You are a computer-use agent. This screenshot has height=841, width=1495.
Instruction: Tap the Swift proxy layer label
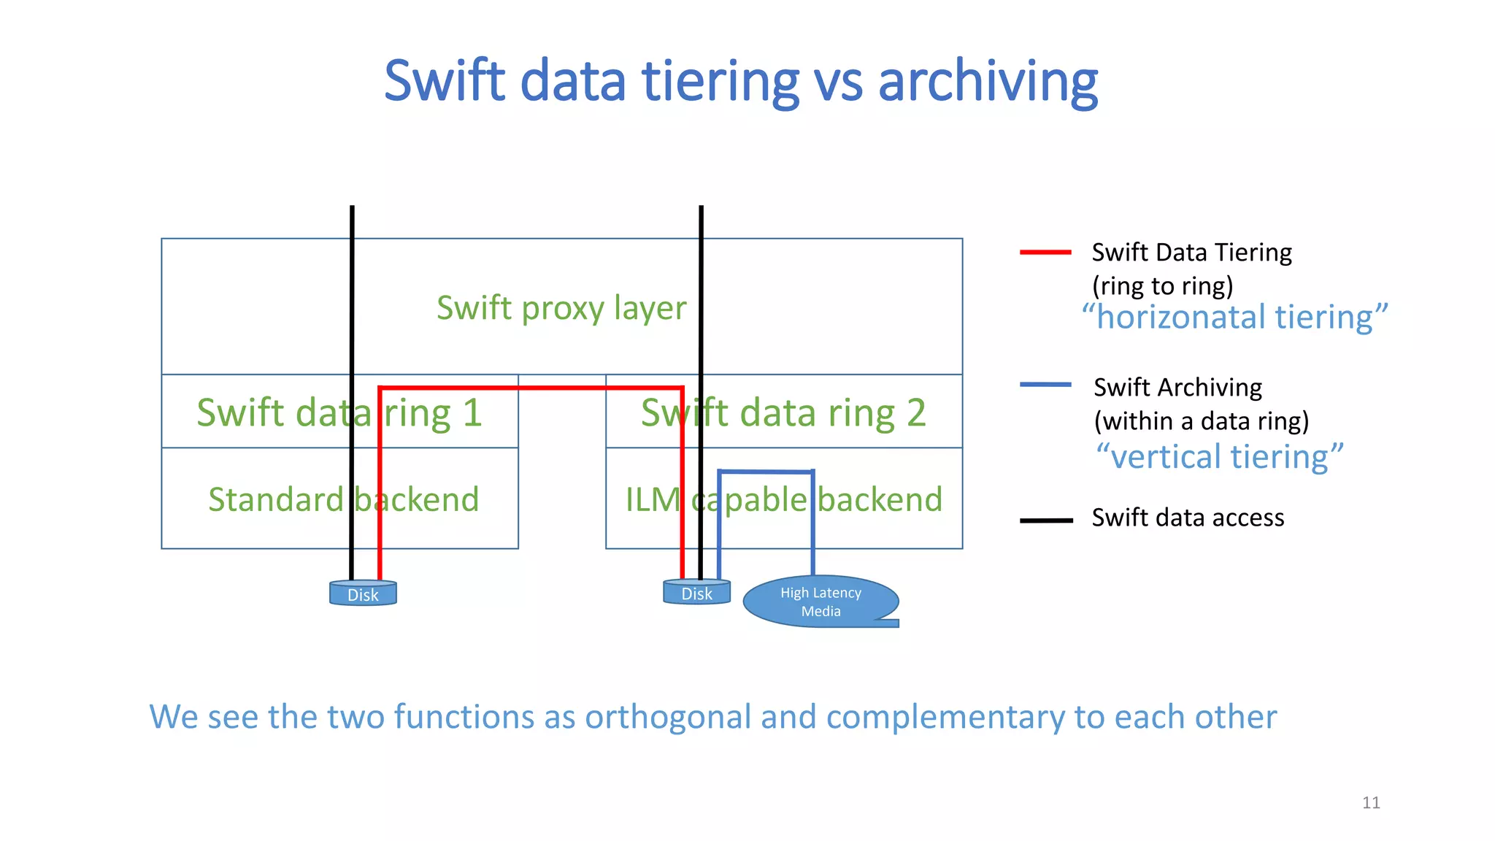561,308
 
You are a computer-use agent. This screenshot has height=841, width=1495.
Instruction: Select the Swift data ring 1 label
339,413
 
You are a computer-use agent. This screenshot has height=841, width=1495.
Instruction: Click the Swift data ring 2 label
783,413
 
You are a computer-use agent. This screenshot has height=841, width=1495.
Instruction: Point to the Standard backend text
343,500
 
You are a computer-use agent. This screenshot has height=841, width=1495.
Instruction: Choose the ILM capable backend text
784,500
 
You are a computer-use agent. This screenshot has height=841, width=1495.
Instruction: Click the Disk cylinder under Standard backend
363,594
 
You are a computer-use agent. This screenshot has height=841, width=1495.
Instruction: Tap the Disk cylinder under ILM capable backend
696,593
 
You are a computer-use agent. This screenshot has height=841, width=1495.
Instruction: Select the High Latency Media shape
820,602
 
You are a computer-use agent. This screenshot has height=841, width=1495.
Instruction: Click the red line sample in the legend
1045,253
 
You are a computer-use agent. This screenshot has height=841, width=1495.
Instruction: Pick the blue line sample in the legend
1045,385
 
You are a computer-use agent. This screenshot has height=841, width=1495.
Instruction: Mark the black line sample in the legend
1045,521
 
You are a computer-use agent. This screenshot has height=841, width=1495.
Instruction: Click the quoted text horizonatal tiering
1234,318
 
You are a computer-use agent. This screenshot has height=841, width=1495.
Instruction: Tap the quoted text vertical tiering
1219,457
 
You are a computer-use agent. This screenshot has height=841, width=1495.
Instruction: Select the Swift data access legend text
1188,518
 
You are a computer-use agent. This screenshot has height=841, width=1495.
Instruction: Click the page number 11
1371,803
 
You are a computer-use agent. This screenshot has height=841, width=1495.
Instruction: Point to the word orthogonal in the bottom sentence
667,718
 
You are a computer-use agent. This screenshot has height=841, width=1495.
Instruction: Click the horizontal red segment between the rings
531,388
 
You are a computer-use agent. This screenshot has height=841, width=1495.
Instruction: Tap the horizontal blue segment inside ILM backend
766,472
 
